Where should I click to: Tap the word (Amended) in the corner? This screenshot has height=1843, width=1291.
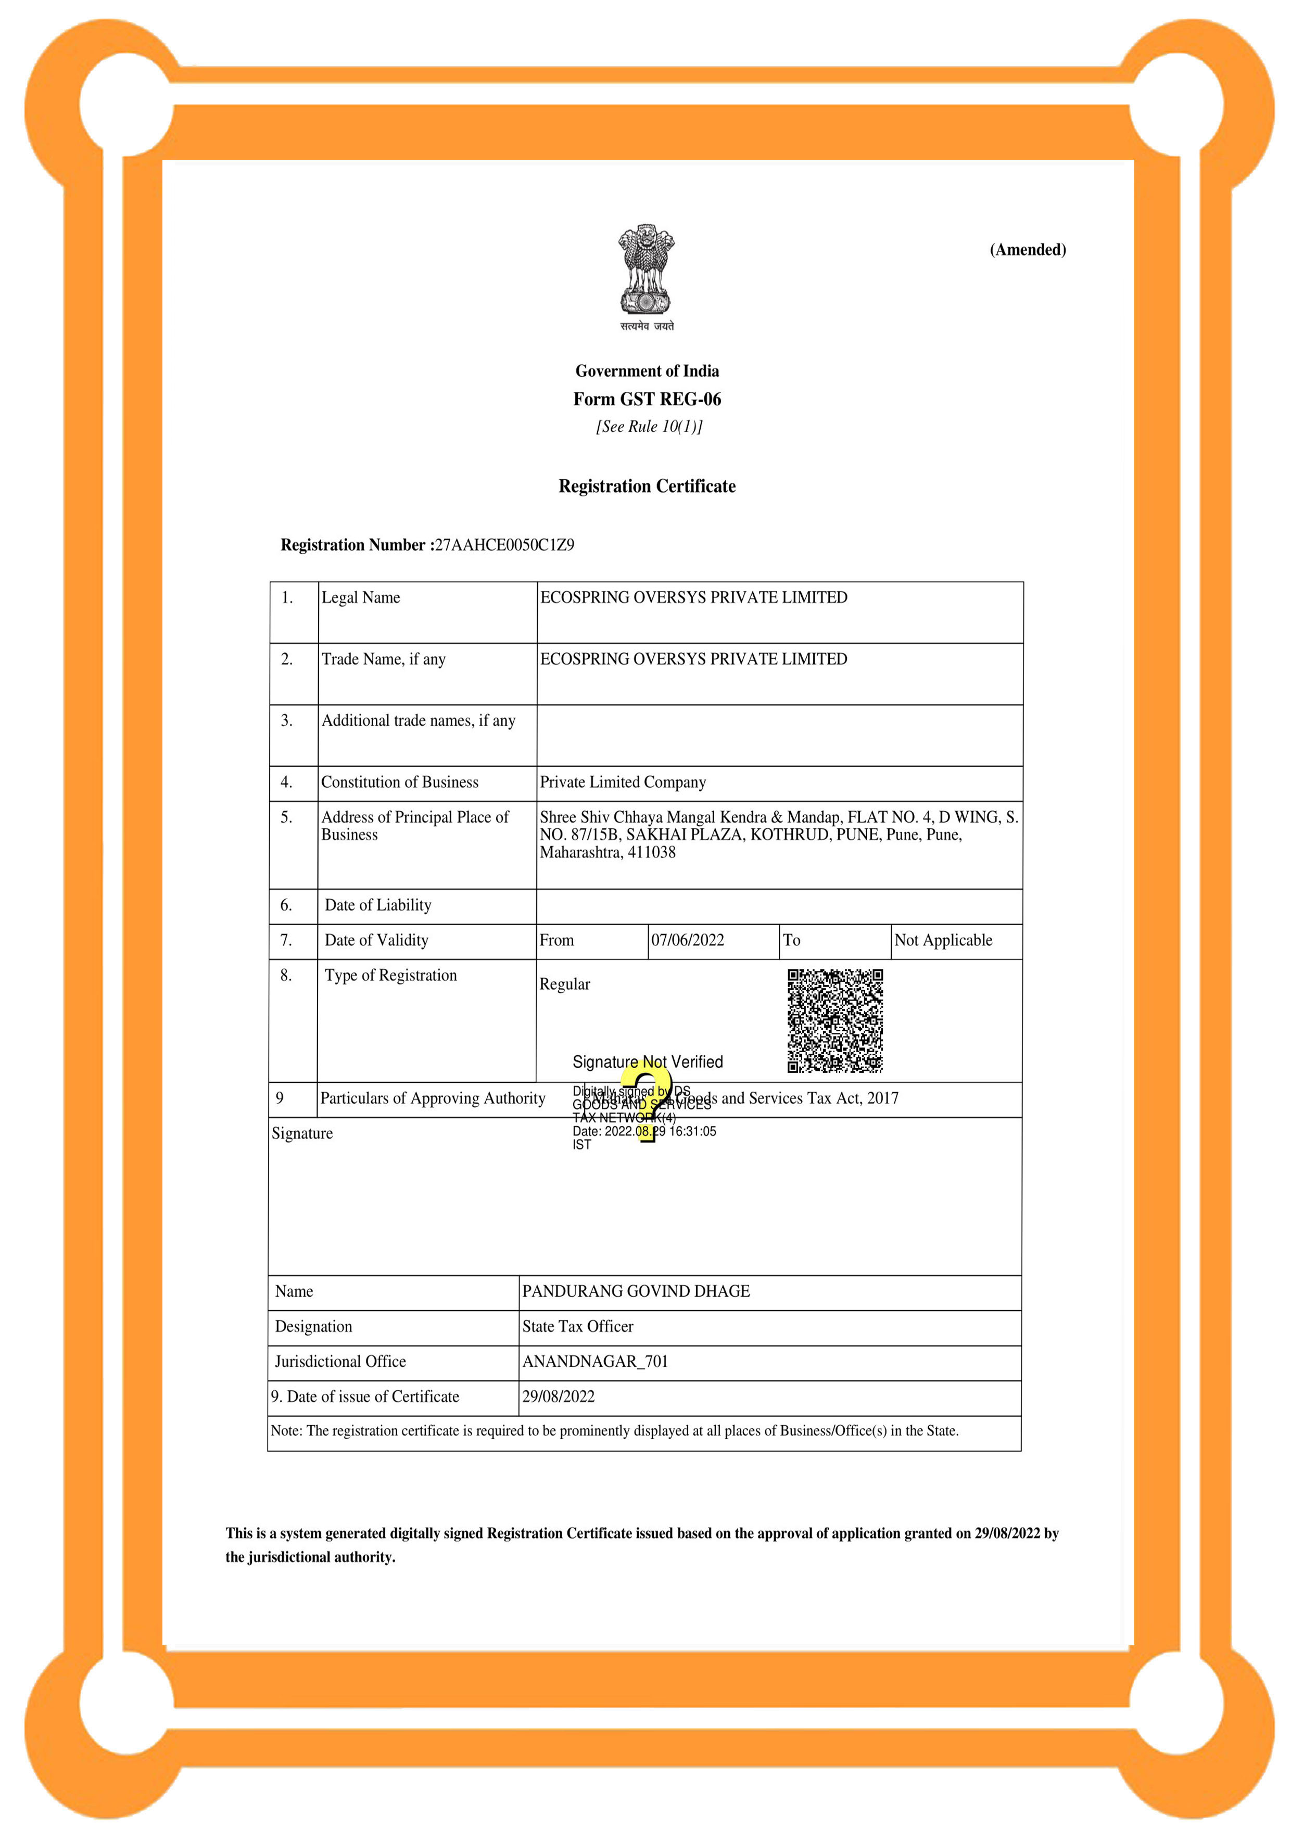[x=1028, y=250]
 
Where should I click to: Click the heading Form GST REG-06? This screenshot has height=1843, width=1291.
[x=647, y=399]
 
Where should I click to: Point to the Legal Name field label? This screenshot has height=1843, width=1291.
[x=360, y=597]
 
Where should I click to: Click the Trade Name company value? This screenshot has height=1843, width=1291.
[x=694, y=659]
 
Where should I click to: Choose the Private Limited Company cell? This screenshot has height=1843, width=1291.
[x=623, y=782]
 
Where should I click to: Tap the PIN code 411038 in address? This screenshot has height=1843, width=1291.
[x=651, y=852]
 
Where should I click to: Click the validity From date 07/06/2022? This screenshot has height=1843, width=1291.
[x=687, y=940]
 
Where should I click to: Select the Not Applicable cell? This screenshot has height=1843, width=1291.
[x=943, y=940]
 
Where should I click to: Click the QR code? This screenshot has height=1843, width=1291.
[x=835, y=1020]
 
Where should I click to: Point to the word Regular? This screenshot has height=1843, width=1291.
[x=564, y=984]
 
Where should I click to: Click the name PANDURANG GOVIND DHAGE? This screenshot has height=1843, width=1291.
[x=636, y=1291]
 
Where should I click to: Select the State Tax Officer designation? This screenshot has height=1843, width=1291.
[x=578, y=1326]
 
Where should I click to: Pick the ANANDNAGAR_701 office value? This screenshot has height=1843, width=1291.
[x=595, y=1361]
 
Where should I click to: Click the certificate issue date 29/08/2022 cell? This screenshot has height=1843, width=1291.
[x=559, y=1397]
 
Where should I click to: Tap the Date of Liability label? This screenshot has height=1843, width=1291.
[x=378, y=905]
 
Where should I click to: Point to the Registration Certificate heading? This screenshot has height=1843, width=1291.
[x=647, y=487]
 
